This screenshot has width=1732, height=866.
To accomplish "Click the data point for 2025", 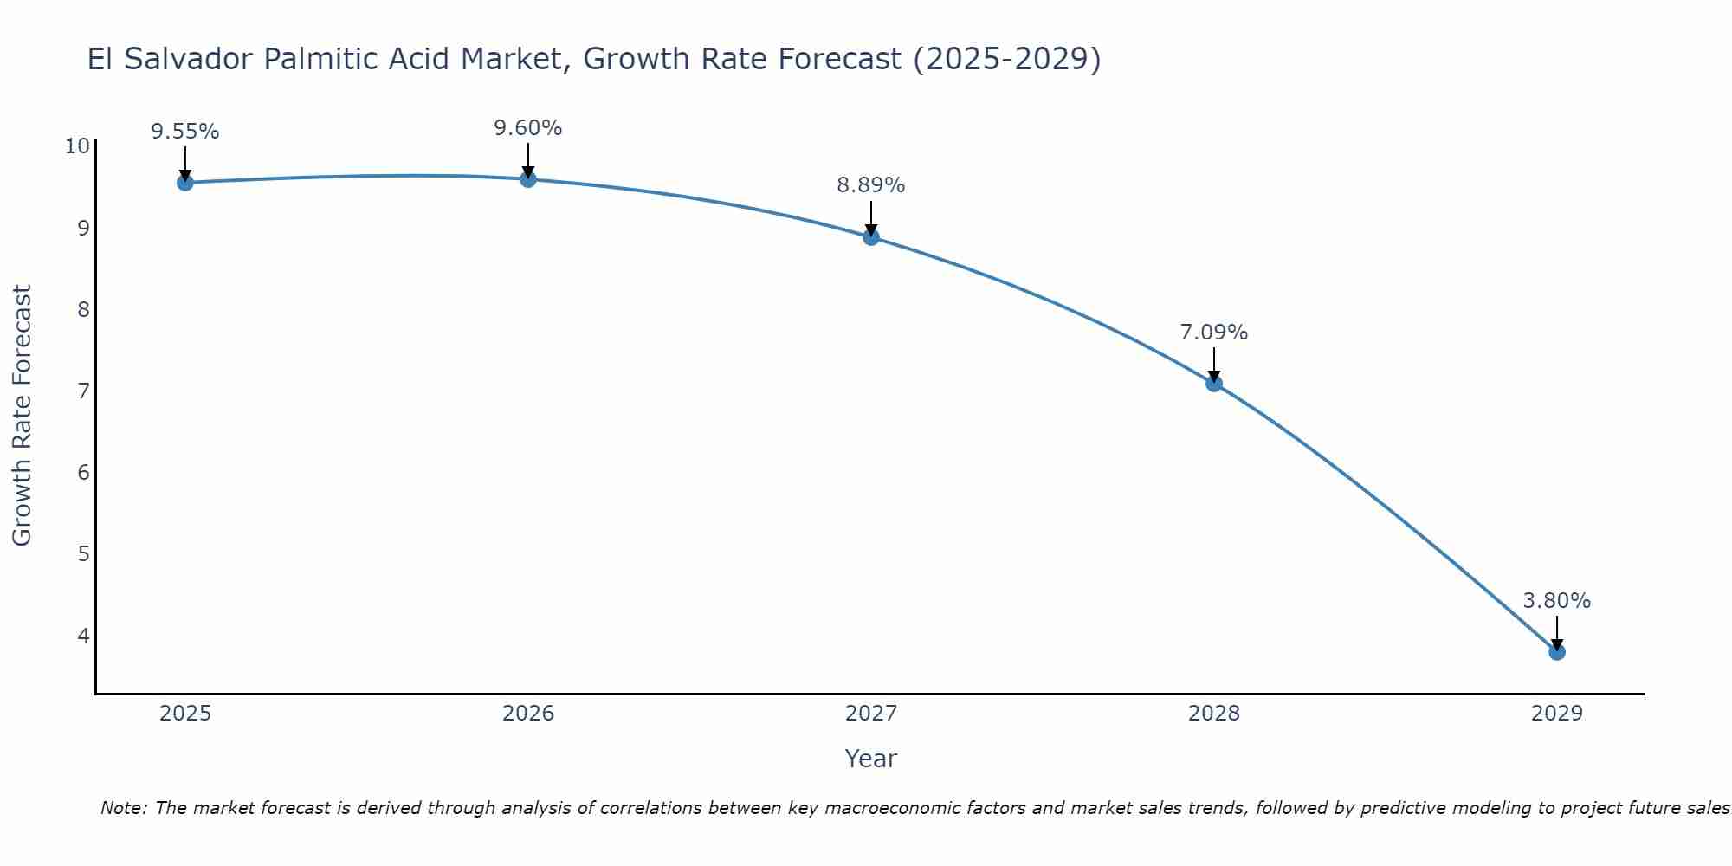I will pos(184,183).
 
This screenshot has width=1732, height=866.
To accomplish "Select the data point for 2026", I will pos(528,179).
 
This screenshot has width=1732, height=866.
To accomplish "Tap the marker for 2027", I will pos(871,237).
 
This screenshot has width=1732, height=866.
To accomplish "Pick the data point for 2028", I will pos(1214,384).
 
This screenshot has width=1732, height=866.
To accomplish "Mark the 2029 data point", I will pos(1557,652).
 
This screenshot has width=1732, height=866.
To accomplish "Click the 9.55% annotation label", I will pos(185,132).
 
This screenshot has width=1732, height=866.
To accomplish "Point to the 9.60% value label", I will pos(528,128).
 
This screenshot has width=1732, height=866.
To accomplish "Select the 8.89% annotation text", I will pos(871,185).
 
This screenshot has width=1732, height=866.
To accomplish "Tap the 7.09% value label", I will pos(1214,333).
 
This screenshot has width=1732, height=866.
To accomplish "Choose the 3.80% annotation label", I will pos(1557,601).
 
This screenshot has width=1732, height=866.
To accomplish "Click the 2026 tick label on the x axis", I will pos(528,714).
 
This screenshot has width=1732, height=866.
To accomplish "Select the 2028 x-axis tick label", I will pos(1214,714).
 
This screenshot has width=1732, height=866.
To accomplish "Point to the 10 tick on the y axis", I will pos(77,145).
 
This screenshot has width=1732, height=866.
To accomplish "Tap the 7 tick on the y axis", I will pos(83,391).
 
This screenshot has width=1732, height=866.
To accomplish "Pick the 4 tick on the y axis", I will pos(83,636).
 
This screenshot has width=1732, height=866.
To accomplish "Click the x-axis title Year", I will pos(871,759).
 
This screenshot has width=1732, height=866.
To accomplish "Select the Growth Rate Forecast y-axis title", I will pos(23,416).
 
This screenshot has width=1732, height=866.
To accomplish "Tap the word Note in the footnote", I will pos(122,808).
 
